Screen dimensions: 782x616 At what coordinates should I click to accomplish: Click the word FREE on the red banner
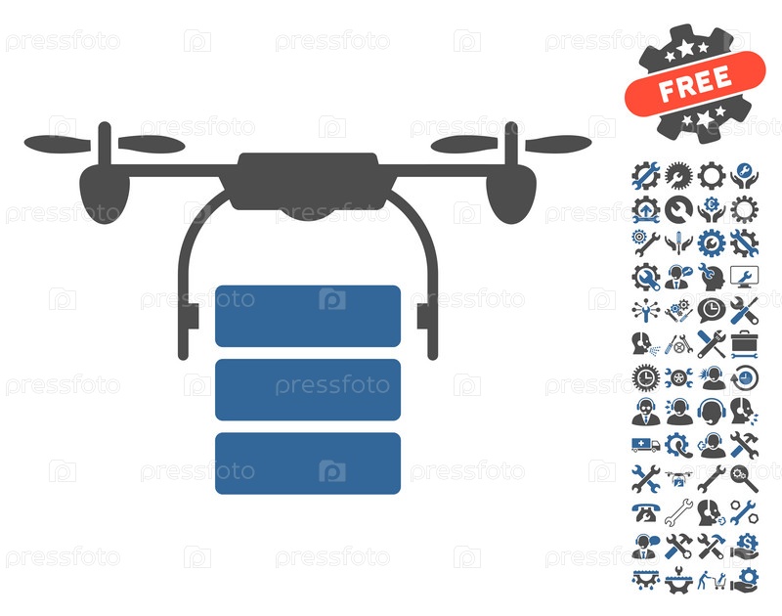(695, 83)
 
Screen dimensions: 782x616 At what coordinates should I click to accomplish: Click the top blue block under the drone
(308, 316)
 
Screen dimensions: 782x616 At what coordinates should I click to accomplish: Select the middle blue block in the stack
(308, 389)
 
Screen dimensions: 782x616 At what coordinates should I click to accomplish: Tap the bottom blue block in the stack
(308, 463)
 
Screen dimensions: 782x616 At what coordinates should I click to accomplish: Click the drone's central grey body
(308, 182)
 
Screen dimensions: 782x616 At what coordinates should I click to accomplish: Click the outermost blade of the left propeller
(58, 144)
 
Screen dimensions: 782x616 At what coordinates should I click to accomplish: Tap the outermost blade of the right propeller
(558, 144)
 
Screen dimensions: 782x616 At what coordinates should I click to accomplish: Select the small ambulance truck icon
(646, 445)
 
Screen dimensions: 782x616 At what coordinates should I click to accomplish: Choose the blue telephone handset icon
(646, 512)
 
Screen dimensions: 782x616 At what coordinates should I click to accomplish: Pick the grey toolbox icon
(745, 344)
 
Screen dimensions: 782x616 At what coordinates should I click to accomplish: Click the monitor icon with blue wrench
(745, 277)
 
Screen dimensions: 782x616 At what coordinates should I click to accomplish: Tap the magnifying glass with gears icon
(744, 478)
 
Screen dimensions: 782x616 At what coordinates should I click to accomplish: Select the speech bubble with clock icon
(712, 310)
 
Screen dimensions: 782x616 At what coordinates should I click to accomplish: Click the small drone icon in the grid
(678, 478)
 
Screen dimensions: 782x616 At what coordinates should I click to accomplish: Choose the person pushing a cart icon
(712, 580)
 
